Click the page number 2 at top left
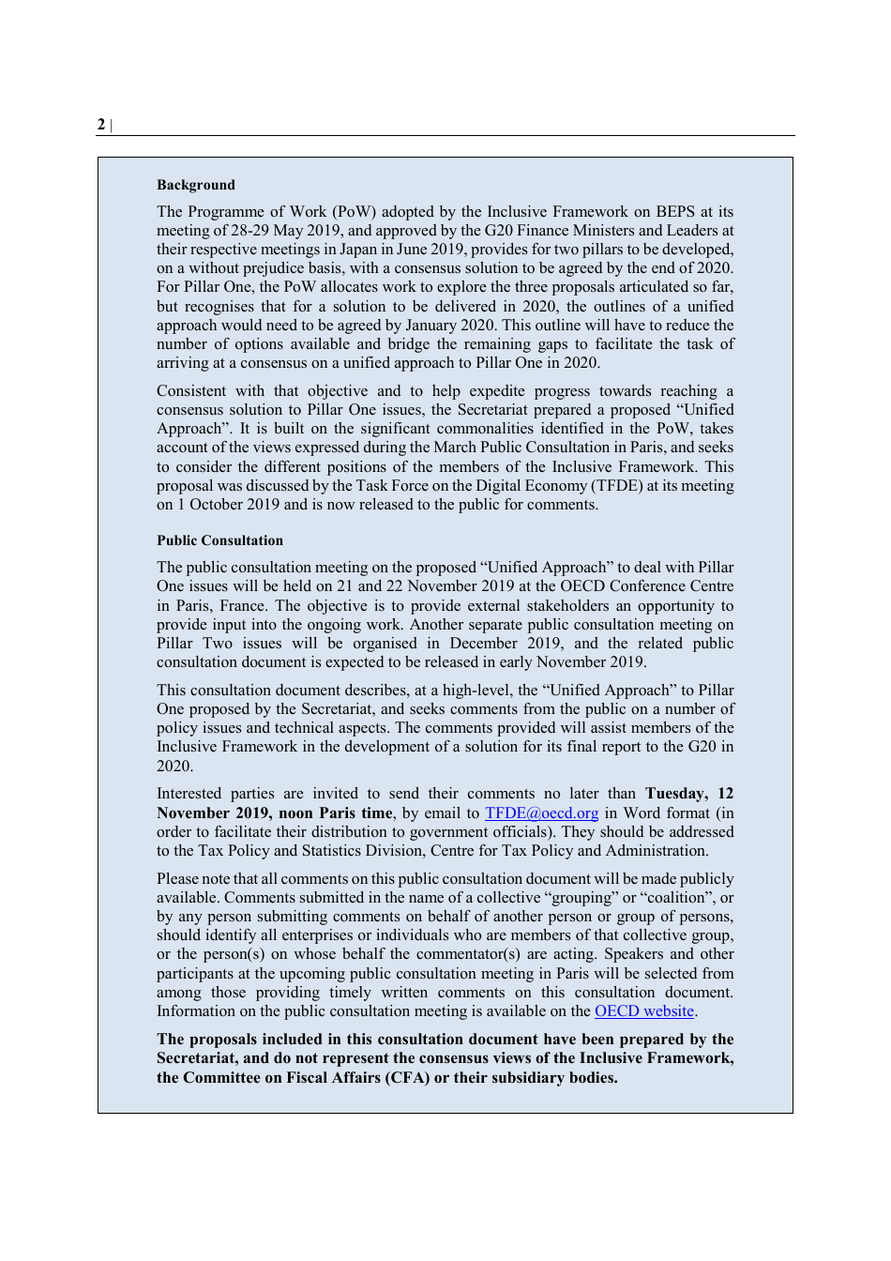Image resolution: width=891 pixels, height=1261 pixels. (101, 125)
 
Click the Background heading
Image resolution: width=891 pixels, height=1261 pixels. (196, 185)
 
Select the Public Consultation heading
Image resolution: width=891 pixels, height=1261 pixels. (219, 540)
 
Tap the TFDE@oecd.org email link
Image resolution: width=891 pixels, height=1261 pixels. (541, 813)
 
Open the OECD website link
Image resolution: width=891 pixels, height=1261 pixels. (644, 1011)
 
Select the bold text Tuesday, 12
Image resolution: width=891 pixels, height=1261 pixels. (689, 794)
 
